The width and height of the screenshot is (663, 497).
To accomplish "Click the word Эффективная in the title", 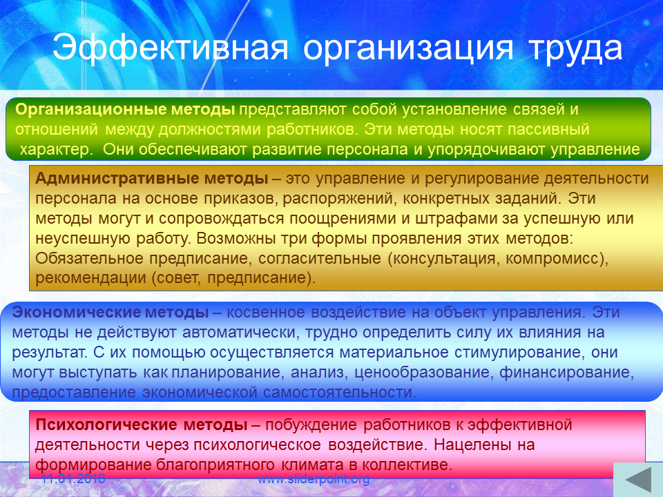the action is pos(171,48).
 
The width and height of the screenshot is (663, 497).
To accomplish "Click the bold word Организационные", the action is pos(91,110).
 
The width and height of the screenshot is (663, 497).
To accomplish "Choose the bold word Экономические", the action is pos(76,312).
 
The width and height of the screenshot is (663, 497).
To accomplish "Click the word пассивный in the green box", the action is pos(548,129).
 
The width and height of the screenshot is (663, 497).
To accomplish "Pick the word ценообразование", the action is pos(423,372).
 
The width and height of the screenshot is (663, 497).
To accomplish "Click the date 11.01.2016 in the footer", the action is pos(73,478).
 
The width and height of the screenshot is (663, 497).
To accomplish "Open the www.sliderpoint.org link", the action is pos(314,479).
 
